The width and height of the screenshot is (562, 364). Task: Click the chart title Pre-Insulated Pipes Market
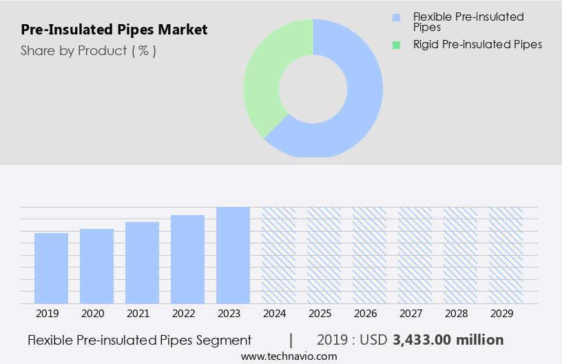(114, 30)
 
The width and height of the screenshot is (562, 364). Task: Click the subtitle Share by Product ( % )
(88, 51)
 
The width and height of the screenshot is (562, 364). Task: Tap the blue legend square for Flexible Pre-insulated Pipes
(395, 17)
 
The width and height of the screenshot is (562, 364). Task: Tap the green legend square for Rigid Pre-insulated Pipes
(395, 45)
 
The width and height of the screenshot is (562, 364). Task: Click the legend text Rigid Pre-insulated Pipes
(477, 45)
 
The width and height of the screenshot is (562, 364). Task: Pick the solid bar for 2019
(51, 268)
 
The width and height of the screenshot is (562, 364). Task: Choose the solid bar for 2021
(142, 263)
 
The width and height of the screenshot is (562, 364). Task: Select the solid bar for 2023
(233, 255)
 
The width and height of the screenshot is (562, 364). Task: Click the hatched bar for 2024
(278, 255)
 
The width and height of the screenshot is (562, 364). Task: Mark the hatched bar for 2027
(415, 255)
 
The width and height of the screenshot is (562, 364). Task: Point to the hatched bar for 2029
(506, 255)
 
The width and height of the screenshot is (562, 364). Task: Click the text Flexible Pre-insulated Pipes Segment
(140, 340)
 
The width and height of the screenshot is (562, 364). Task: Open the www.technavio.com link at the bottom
(289, 356)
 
